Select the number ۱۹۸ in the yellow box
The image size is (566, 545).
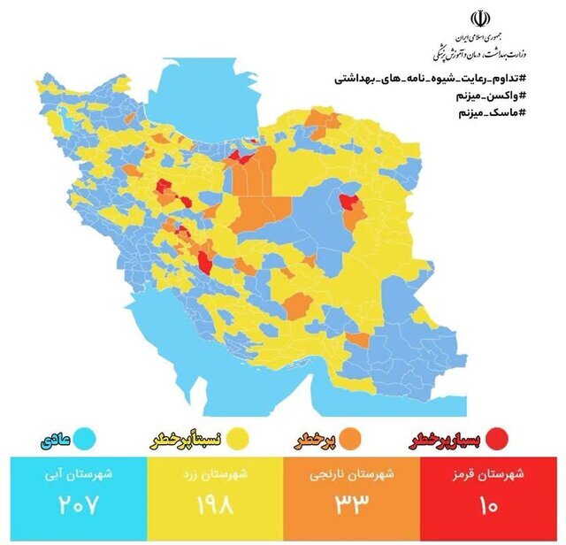[212, 509]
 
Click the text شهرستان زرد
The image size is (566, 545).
[212, 474]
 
